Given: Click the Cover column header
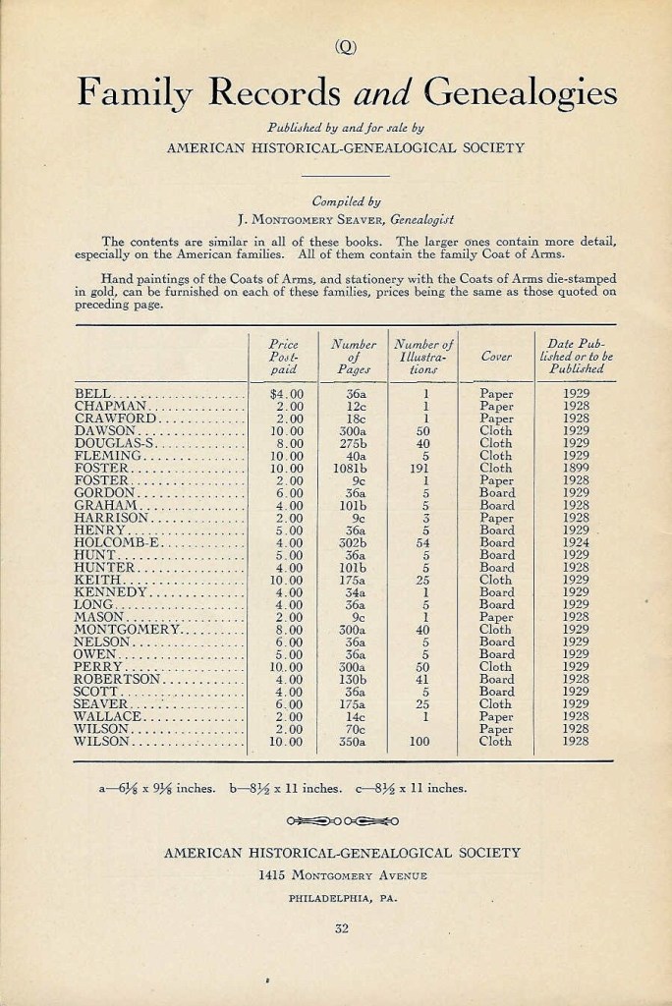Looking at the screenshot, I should coord(496,357).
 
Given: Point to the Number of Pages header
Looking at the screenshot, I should coord(354,357).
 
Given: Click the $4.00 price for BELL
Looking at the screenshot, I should coord(288,393).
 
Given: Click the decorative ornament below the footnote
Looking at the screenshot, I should coord(343,818).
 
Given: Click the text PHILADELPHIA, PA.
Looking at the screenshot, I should coord(342,898).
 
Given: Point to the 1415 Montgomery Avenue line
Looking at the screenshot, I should coord(342,875).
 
